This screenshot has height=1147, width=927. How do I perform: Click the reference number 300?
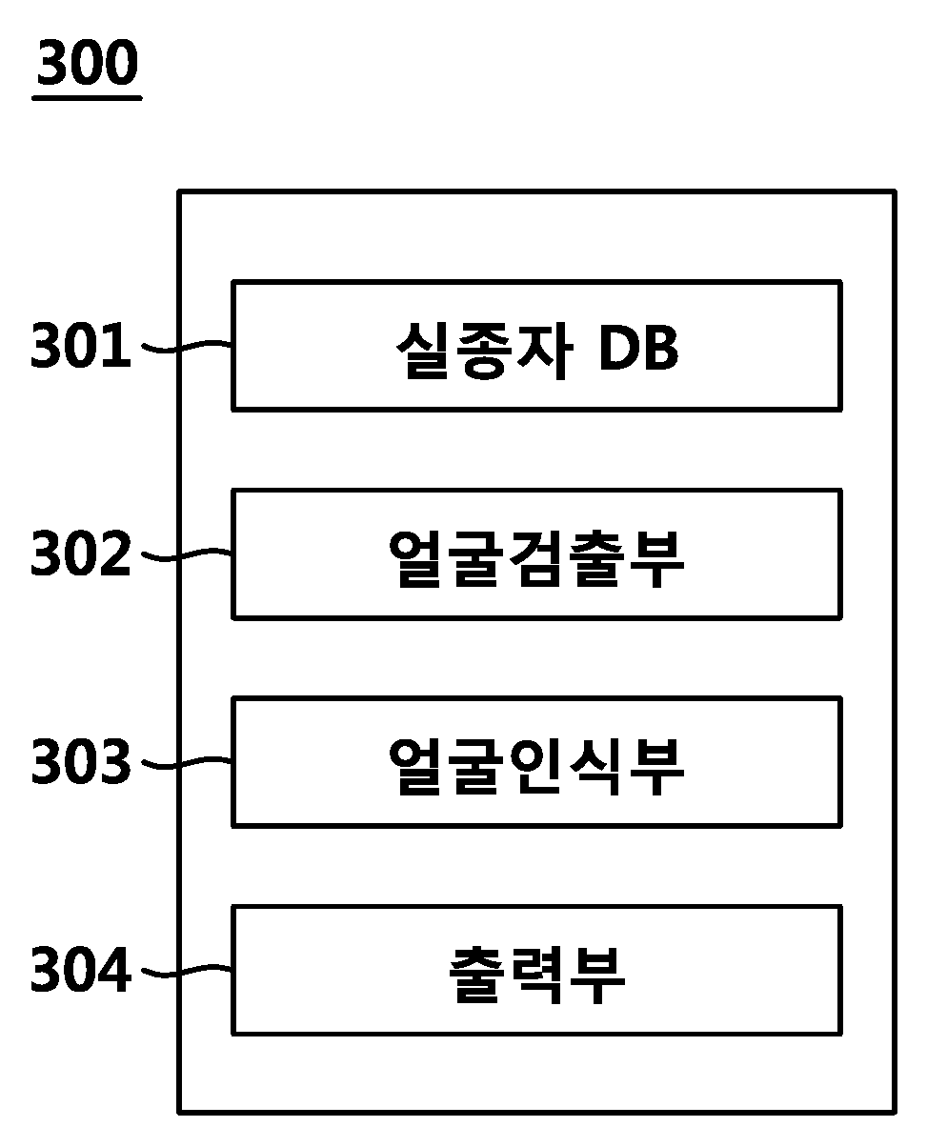88,62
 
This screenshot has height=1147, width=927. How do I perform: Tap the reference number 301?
81,345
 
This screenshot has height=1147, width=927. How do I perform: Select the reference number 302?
81,553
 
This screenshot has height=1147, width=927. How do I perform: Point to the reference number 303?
81,761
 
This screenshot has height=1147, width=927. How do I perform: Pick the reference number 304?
81,969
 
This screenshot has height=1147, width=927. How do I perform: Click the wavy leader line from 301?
187,346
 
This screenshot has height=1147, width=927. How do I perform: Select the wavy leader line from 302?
187,554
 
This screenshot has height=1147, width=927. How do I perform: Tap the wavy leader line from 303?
187,763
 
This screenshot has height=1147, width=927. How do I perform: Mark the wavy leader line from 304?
187,972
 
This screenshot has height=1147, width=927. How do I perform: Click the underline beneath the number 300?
88,98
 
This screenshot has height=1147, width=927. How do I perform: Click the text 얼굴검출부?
536,558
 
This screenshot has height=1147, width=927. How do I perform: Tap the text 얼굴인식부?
536,766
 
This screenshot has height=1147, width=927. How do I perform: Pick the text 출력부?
536,975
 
